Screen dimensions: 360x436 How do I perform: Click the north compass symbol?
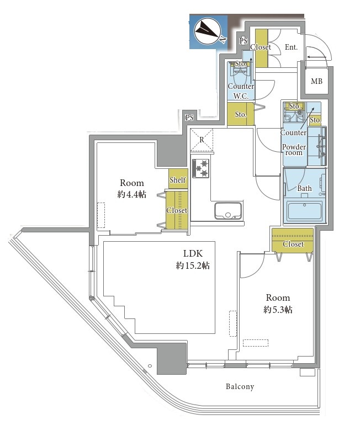(208, 31)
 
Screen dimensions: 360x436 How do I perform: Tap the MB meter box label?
(316, 82)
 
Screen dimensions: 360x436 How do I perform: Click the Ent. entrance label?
(291, 47)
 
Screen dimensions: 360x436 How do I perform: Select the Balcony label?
(240, 386)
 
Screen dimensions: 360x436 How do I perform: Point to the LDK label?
(193, 253)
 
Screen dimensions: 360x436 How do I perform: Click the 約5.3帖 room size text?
(278, 310)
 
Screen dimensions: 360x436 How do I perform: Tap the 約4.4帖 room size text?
(131, 194)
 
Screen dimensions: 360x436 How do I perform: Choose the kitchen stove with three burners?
(200, 168)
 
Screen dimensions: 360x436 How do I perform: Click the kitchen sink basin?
(228, 211)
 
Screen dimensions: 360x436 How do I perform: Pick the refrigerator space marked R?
(202, 140)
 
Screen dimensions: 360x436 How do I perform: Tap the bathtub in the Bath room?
(304, 211)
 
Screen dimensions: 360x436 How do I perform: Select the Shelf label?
(178, 179)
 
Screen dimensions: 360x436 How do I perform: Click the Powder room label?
(294, 150)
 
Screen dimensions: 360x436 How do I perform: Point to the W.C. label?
(241, 97)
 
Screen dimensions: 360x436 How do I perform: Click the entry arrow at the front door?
(317, 57)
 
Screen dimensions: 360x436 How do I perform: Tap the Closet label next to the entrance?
(261, 47)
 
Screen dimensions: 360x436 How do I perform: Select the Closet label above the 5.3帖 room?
(293, 244)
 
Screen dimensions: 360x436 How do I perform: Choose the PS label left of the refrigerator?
(189, 118)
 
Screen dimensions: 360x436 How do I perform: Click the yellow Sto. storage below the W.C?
(240, 114)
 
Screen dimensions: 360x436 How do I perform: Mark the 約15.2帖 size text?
(193, 266)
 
